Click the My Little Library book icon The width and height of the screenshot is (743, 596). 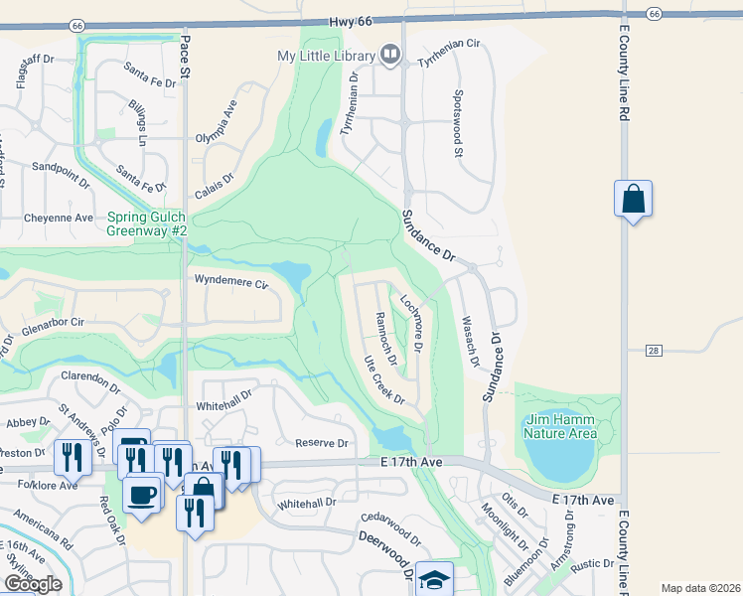point(390,55)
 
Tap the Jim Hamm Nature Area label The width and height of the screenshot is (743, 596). point(561,425)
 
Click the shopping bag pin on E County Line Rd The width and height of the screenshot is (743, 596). point(633,200)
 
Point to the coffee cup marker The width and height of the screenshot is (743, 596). point(141,494)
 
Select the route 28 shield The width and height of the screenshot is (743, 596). point(653,350)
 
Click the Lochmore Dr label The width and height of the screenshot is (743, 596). point(412,322)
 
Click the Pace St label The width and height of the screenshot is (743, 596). point(185,57)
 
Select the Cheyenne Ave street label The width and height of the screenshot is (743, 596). point(59,218)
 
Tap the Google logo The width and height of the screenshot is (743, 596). point(33,584)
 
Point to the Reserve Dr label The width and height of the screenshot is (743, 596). point(322,443)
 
